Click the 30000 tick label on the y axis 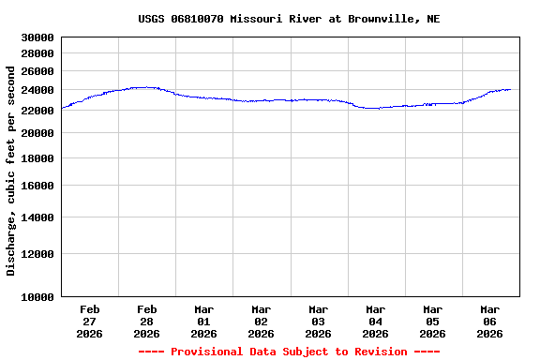38,37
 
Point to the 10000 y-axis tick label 38,297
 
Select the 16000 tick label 38,186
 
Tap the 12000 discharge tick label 38,254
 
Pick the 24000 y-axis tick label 38,90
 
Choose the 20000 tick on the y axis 38,133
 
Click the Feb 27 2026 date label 90,321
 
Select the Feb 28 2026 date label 147,321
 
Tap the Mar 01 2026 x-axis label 204,321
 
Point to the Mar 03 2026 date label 319,321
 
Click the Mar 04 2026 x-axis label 376,321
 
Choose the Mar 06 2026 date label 490,321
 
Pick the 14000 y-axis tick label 38,217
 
